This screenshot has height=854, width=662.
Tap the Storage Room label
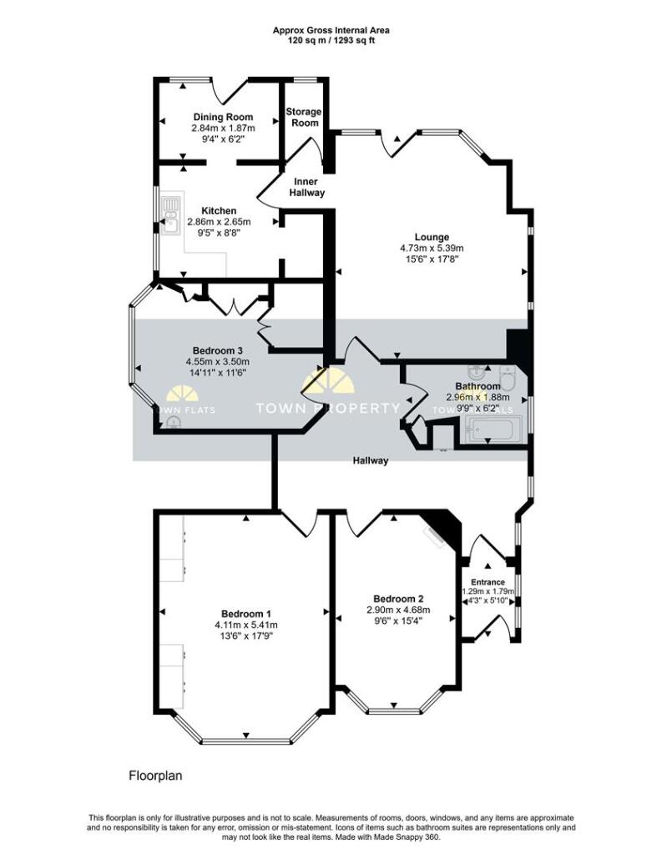tap(303, 117)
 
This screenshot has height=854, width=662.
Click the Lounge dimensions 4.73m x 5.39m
tap(432, 248)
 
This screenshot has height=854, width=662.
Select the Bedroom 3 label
tap(217, 350)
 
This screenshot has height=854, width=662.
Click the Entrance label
tap(488, 582)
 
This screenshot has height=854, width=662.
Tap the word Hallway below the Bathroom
tap(370, 460)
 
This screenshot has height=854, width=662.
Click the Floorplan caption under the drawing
tap(155, 776)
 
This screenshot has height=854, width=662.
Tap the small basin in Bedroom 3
tap(173, 423)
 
